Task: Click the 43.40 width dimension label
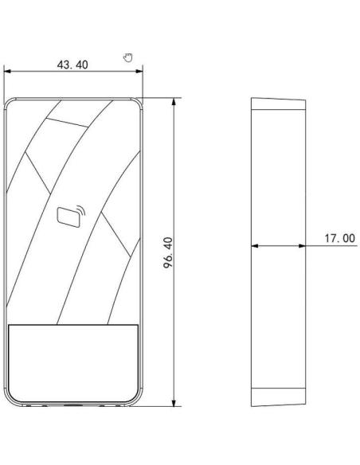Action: point(72,64)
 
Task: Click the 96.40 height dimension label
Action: point(168,252)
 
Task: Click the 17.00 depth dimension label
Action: point(339,238)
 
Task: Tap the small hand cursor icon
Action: point(127,57)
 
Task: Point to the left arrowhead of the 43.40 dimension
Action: point(7,71)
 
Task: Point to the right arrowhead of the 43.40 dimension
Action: point(139,71)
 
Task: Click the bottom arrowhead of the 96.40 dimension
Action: point(174,402)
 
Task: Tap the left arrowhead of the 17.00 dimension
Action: point(255,245)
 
